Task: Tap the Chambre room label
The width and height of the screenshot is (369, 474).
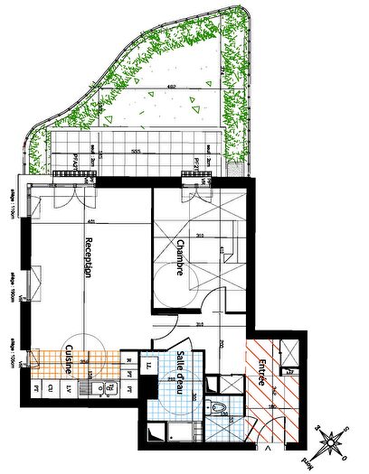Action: [x=181, y=258]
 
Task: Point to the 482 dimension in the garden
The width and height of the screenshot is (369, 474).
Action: [x=167, y=88]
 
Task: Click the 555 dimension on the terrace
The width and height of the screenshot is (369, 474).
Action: [x=136, y=150]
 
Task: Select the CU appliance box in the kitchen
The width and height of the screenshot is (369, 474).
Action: [x=52, y=388]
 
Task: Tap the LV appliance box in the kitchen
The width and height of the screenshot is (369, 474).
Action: [x=69, y=388]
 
